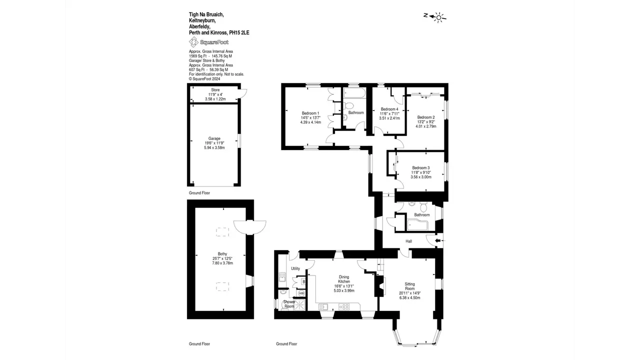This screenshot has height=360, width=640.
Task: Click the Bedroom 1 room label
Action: (310, 113)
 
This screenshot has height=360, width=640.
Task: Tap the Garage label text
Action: (214, 138)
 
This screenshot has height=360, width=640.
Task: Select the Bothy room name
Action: (222, 253)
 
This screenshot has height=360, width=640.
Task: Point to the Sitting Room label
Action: (409, 286)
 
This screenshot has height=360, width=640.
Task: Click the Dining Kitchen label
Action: (344, 279)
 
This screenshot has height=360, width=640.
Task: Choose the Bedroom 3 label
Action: (421, 168)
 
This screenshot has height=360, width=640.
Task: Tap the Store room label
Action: (215, 90)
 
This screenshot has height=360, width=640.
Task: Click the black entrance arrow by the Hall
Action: (437, 241)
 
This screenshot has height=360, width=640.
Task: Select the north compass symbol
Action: (435, 17)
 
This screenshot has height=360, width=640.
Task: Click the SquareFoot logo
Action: (209, 42)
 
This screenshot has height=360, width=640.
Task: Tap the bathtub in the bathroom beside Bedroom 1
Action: (354, 93)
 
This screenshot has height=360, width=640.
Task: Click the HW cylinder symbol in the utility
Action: (301, 293)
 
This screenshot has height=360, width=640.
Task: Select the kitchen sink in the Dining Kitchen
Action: (323, 307)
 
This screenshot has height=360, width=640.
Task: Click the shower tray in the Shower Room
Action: (299, 305)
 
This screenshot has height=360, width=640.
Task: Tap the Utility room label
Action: (295, 268)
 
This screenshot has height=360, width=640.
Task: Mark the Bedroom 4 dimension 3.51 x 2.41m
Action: (389, 118)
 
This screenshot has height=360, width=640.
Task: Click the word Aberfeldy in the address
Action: (199, 26)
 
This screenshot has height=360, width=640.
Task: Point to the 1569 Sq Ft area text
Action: (197, 56)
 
